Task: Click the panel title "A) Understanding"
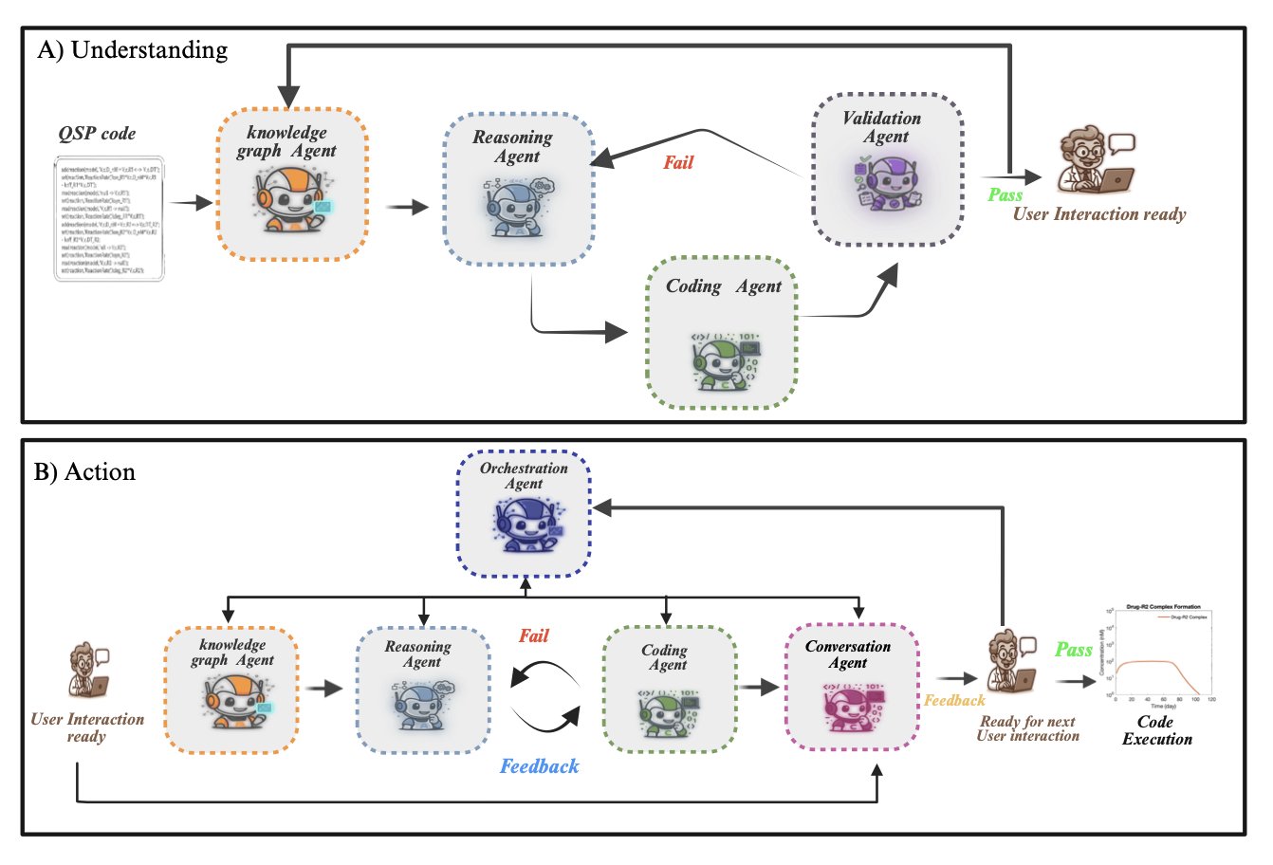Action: click(132, 50)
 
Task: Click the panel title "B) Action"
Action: click(84, 471)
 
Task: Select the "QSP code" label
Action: click(97, 134)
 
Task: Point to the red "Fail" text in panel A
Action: click(678, 162)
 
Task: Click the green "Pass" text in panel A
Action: click(1005, 194)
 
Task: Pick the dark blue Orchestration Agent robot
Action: click(524, 525)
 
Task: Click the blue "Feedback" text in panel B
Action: click(539, 766)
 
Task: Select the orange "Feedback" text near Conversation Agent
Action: click(954, 700)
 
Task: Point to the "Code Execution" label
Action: click(1156, 730)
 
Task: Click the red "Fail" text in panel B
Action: click(533, 635)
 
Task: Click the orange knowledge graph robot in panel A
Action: click(290, 198)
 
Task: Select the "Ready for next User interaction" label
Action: click(1028, 728)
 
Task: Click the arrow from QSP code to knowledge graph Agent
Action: click(190, 203)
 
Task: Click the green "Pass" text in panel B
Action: click(1074, 650)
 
